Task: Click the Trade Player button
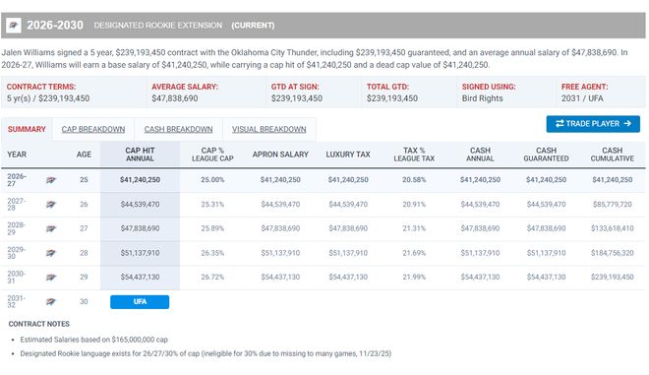[593, 124]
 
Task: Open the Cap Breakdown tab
[93, 129]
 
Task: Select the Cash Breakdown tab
[178, 129]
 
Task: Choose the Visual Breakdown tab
[269, 129]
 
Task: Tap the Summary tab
[27, 129]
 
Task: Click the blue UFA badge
[140, 301]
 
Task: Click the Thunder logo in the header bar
[13, 26]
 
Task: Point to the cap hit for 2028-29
[140, 228]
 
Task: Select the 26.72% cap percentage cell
[212, 277]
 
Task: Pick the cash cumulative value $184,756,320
[613, 253]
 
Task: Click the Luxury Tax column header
[348, 155]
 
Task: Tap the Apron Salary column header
[280, 155]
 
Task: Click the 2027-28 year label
[16, 205]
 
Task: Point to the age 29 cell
[84, 277]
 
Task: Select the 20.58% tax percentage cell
[414, 180]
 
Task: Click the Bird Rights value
[482, 98]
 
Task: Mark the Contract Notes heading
[39, 324]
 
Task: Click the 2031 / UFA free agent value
[582, 98]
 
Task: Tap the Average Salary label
[185, 87]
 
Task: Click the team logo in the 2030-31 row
[51, 278]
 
